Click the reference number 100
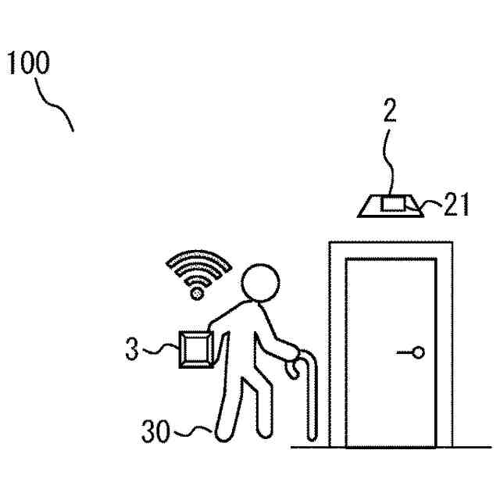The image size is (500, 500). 29,64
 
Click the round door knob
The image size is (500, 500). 418,352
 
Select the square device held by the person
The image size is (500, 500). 195,348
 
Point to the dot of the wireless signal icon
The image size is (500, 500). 197,294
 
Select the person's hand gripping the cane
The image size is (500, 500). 290,366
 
